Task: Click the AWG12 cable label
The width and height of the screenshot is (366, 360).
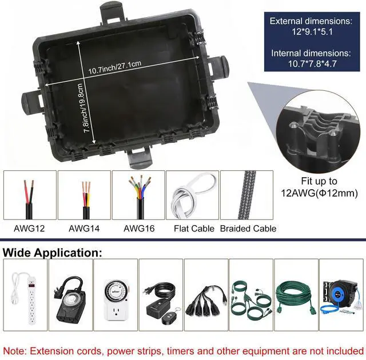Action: (29, 229)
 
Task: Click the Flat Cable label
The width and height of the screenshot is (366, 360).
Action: (194, 229)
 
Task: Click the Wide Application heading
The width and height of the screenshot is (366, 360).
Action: (53, 252)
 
